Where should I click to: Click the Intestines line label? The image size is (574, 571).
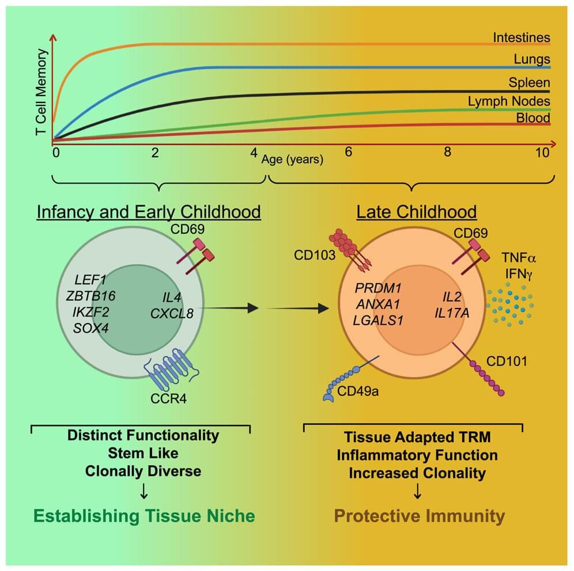521,38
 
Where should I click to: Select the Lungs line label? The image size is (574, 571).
531,59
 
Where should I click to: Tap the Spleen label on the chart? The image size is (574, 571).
528,82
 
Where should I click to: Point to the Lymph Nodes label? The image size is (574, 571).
509,101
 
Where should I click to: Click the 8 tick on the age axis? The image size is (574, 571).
447,153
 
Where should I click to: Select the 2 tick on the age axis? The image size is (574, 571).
154,153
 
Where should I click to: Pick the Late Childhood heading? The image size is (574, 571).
417,212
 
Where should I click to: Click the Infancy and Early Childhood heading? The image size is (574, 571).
149,212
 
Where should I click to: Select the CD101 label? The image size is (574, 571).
507,362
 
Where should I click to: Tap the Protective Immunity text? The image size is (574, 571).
419,516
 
